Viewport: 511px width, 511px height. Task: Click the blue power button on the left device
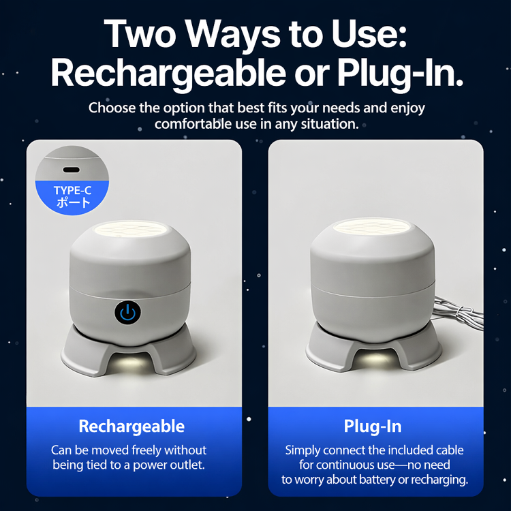click(128, 313)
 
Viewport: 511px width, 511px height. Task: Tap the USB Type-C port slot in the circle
click(71, 170)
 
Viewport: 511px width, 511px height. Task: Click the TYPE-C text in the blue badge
click(72, 190)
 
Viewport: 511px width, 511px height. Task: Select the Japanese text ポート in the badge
click(73, 202)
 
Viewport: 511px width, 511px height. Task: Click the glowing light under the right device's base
click(375, 358)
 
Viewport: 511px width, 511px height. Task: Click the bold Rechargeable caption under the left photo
click(131, 427)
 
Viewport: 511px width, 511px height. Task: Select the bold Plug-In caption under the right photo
click(373, 426)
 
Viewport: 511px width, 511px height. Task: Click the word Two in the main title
click(140, 34)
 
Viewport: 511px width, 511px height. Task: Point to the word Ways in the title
click(234, 36)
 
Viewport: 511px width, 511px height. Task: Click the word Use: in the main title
click(369, 34)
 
